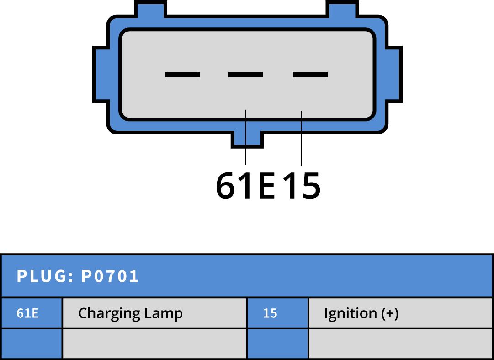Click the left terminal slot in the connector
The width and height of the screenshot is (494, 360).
pyautogui.click(x=182, y=74)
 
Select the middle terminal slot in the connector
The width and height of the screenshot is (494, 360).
pyautogui.click(x=246, y=74)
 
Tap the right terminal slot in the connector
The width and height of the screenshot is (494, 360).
pyautogui.click(x=310, y=74)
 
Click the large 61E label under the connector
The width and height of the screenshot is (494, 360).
pyautogui.click(x=245, y=186)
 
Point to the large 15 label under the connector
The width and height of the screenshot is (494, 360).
pyautogui.click(x=301, y=186)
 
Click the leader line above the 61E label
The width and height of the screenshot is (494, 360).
pyautogui.click(x=246, y=137)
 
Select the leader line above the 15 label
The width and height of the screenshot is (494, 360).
pyautogui.click(x=301, y=137)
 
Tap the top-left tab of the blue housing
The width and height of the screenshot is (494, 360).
pyautogui.click(x=150, y=9)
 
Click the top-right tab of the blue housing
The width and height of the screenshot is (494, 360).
pyautogui.click(x=342, y=9)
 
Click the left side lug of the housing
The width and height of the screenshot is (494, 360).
pyautogui.click(x=101, y=74)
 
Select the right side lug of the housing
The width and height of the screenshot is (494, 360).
pyautogui.click(x=394, y=74)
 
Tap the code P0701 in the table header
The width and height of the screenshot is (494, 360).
pyautogui.click(x=110, y=276)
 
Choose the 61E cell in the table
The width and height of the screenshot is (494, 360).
pyautogui.click(x=28, y=313)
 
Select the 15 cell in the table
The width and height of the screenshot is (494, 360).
pyautogui.click(x=270, y=313)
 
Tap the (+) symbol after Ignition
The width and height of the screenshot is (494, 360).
pyautogui.click(x=390, y=313)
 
